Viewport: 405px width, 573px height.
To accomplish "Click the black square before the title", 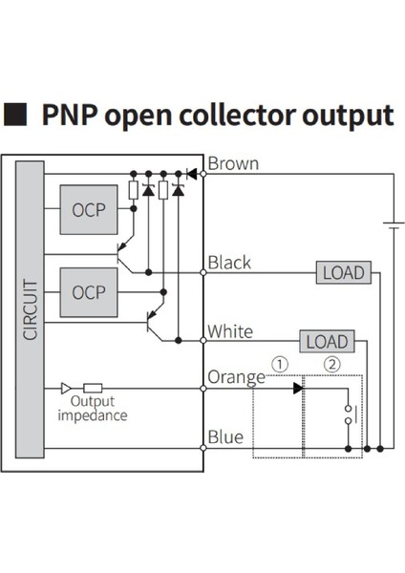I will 17,115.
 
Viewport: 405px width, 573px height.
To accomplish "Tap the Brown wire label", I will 233,163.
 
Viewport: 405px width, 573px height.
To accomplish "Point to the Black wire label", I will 229,262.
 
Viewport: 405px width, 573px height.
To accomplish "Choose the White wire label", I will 230,331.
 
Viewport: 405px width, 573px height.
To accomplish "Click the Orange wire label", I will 235,377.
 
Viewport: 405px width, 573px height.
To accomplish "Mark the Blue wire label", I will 225,437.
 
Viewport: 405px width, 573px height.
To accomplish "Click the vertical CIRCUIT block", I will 30,309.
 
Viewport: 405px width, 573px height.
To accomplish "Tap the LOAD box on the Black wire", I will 343,273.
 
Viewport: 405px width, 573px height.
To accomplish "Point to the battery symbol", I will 392,225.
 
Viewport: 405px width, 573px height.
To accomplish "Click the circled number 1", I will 279,364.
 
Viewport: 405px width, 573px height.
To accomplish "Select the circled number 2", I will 331,364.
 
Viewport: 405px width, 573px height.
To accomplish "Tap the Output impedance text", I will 92,409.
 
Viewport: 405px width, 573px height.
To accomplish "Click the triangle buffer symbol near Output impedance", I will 66,389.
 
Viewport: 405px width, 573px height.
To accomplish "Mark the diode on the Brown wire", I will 191,174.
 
